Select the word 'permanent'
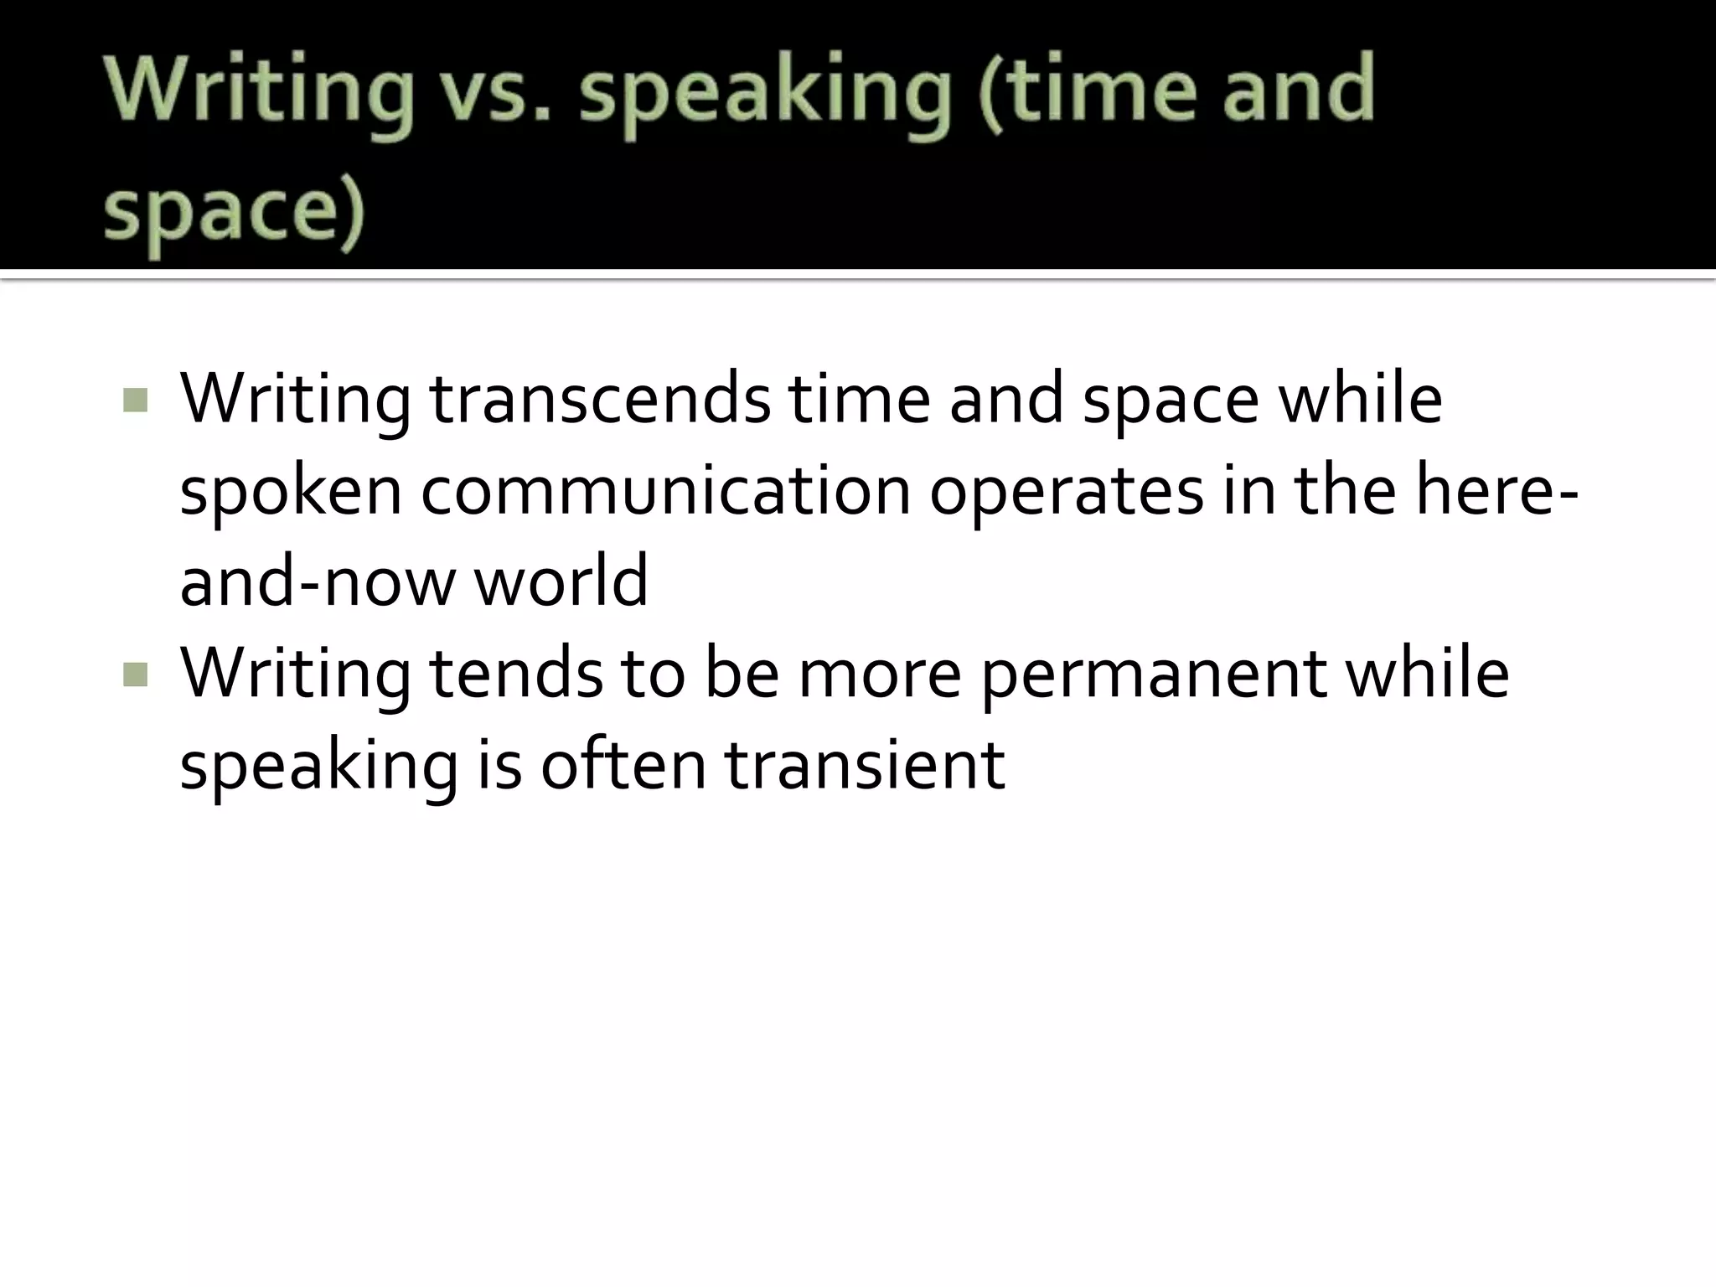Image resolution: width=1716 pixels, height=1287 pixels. point(1154,675)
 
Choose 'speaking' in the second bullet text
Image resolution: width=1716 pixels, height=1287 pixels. point(319,767)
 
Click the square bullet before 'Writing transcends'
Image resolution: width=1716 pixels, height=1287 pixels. point(135,401)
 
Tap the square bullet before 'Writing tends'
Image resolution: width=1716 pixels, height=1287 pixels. point(135,675)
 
